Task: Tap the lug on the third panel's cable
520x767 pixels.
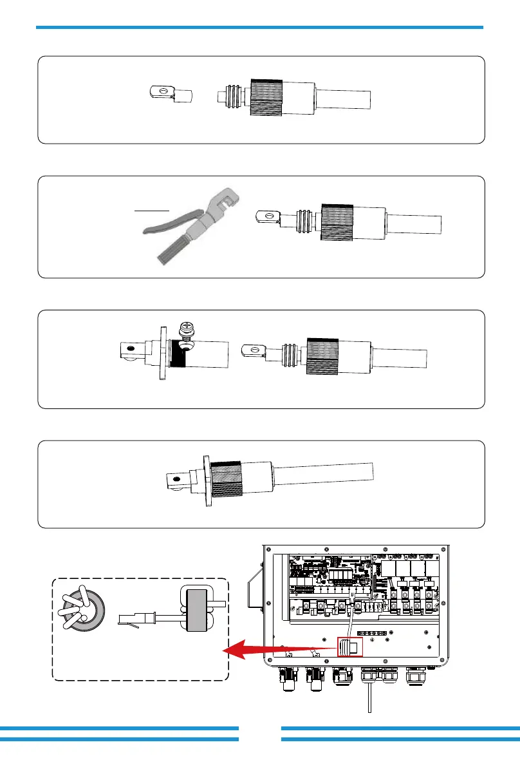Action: coord(252,351)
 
